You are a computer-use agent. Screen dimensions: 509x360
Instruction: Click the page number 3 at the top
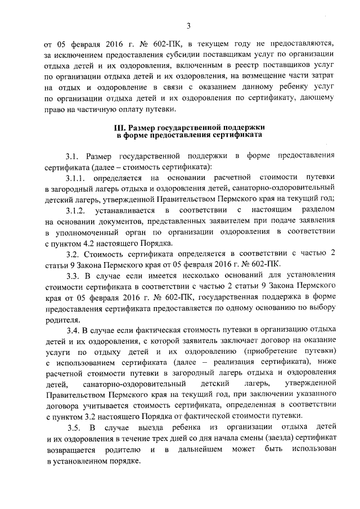(x=189, y=25)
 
